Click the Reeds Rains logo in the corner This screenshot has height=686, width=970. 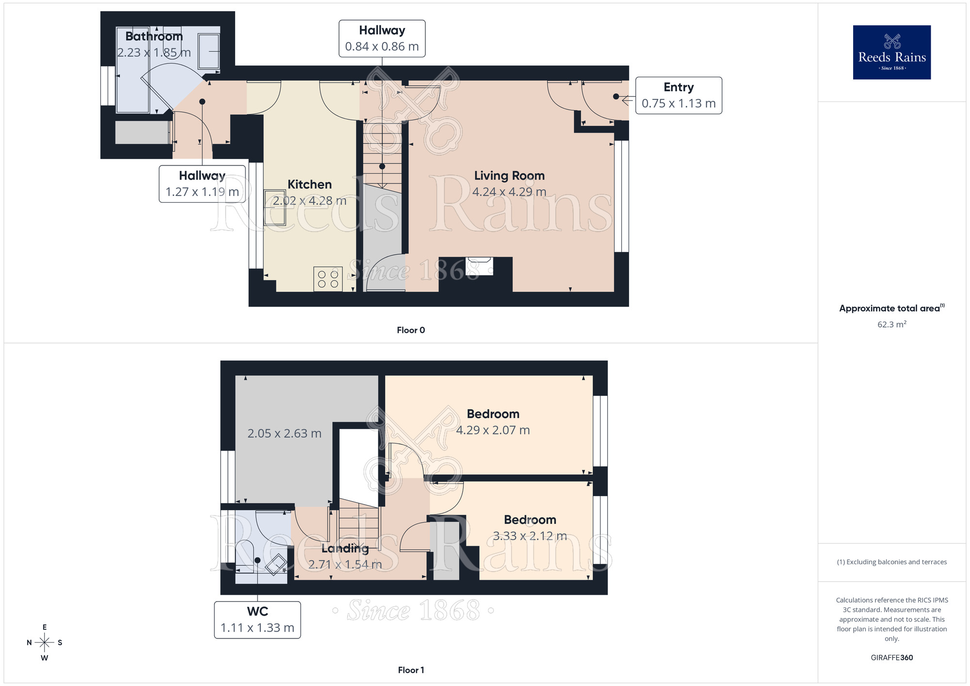(x=891, y=52)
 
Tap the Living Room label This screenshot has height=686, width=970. (x=509, y=176)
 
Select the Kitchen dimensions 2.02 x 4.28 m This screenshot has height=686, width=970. (x=309, y=200)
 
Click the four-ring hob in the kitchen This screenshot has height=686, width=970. (x=328, y=279)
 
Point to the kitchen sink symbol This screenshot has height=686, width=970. (x=275, y=208)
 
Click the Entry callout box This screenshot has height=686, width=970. (x=678, y=96)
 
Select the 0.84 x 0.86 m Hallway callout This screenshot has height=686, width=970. (x=382, y=38)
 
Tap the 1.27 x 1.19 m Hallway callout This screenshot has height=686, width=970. (x=202, y=184)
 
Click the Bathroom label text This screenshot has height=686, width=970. (x=154, y=36)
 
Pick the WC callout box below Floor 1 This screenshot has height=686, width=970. (x=257, y=620)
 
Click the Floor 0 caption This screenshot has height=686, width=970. (x=410, y=330)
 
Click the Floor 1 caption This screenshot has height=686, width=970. (x=410, y=670)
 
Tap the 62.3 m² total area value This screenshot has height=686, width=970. (x=891, y=324)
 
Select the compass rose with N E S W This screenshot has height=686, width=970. (x=45, y=643)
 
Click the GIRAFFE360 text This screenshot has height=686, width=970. (x=891, y=657)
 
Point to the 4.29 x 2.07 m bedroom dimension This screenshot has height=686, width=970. (x=493, y=430)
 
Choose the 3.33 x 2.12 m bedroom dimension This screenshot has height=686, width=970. (x=530, y=536)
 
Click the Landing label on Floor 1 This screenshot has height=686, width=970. (x=345, y=548)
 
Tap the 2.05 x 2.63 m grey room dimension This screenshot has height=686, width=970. (x=284, y=433)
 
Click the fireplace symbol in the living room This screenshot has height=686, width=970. (x=479, y=266)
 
